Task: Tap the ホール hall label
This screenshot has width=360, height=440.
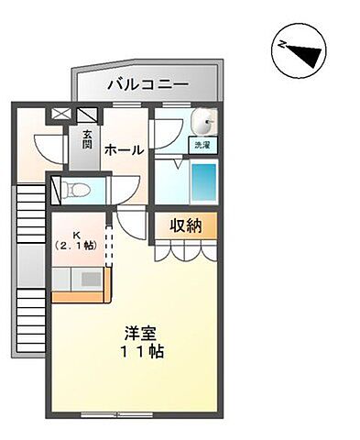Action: point(123,149)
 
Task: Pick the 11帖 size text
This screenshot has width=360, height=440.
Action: point(144,352)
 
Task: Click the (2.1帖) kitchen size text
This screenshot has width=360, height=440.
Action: point(77,247)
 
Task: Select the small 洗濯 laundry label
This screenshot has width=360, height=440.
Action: point(202,145)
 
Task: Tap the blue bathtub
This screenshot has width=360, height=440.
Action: point(204,182)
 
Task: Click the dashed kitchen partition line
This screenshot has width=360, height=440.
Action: point(108,242)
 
